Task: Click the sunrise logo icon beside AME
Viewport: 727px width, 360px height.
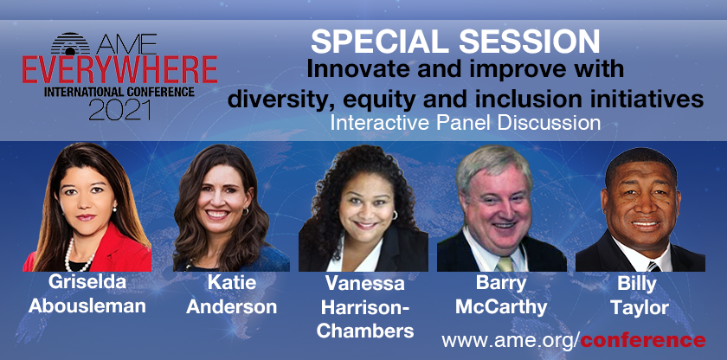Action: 70,43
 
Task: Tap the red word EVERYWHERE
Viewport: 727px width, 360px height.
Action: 120,70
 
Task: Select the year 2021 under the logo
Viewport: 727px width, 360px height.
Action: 119,110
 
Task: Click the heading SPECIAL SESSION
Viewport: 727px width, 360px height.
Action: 455,42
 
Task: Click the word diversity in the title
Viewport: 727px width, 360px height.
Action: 275,100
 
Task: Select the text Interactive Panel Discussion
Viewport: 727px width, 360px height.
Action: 465,122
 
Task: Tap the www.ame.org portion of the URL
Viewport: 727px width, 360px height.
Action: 507,341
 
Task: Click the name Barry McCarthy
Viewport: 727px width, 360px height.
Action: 501,295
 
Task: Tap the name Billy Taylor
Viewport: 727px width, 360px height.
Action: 640,295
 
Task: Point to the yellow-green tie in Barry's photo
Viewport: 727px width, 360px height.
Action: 505,264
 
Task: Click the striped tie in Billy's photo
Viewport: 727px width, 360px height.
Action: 653,267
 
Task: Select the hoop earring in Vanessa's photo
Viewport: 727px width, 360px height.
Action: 395,215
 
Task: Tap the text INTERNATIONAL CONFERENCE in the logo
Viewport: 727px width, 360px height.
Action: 119,92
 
